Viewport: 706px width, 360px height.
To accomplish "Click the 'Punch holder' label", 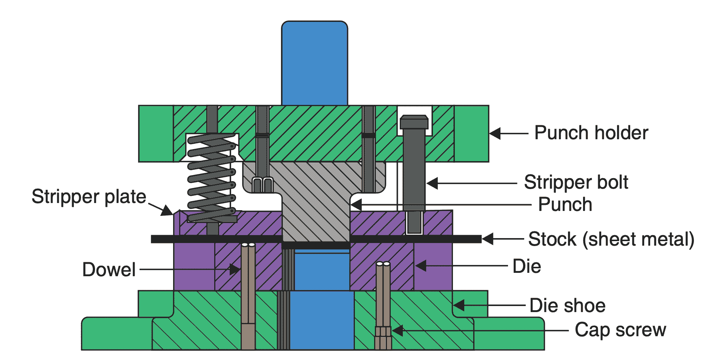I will (591, 133).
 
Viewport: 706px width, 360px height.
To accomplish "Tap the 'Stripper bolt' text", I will (576, 182).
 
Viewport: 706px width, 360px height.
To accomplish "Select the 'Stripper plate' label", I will (89, 197).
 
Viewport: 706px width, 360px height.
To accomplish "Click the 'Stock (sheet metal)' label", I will (611, 239).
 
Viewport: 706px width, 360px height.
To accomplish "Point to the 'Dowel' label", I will (109, 269).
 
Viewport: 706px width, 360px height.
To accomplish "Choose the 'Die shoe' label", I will (567, 305).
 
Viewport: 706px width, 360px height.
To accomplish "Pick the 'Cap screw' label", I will (620, 330).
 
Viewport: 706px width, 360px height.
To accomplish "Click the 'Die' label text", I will (526, 266).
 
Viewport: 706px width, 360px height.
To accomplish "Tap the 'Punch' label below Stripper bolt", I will (565, 205).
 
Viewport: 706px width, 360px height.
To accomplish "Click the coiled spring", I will (211, 177).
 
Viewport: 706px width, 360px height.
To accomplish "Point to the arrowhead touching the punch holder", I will (495, 133).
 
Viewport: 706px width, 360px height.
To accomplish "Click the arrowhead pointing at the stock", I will (487, 239).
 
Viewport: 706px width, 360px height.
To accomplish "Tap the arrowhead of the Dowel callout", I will (235, 269).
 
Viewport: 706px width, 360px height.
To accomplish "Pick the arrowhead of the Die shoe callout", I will (458, 305).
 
